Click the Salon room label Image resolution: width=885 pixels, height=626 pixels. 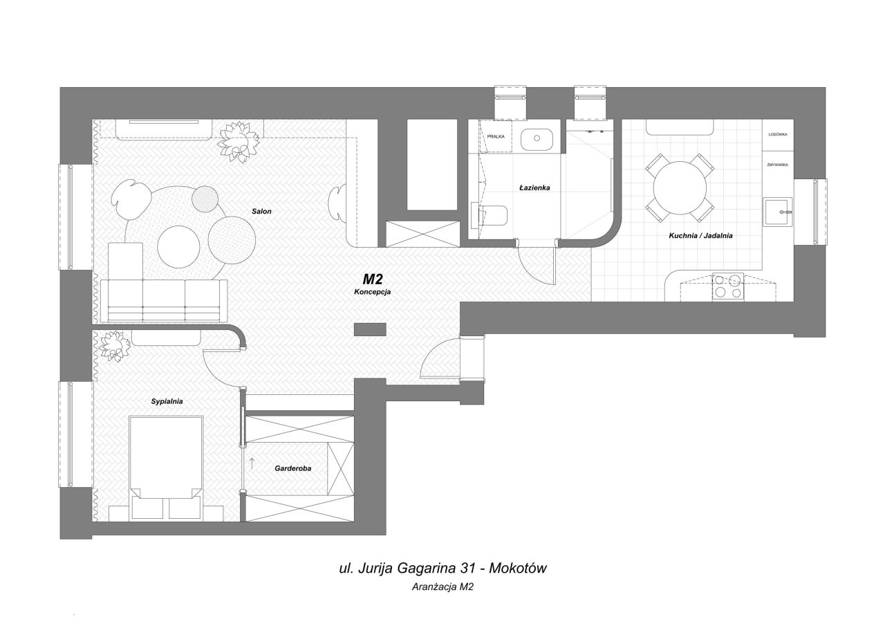click(261, 212)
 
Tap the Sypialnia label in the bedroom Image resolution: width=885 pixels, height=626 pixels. click(167, 401)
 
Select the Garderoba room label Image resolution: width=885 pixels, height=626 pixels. click(292, 468)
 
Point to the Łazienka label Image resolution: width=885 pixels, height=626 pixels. click(534, 187)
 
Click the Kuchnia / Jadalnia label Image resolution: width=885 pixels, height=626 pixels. click(700, 236)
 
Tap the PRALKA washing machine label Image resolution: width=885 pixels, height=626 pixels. click(496, 137)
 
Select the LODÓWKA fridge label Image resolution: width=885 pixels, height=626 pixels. click(778, 134)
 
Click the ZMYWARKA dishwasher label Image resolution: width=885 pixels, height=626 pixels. click(778, 165)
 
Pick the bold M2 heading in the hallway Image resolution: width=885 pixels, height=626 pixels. click(373, 279)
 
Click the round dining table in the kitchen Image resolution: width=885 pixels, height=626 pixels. click(680, 187)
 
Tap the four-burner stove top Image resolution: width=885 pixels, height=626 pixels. click(728, 287)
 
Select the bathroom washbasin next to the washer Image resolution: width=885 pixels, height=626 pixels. click(537, 139)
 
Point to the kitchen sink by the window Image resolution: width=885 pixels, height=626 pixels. click(778, 212)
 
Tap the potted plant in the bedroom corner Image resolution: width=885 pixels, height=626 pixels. click(114, 346)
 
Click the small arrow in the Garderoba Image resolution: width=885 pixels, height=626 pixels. click(252, 463)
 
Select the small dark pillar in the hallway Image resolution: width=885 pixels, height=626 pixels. click(370, 329)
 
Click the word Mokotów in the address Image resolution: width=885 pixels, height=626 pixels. click(518, 569)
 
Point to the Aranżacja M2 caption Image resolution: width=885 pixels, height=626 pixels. click(442, 587)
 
